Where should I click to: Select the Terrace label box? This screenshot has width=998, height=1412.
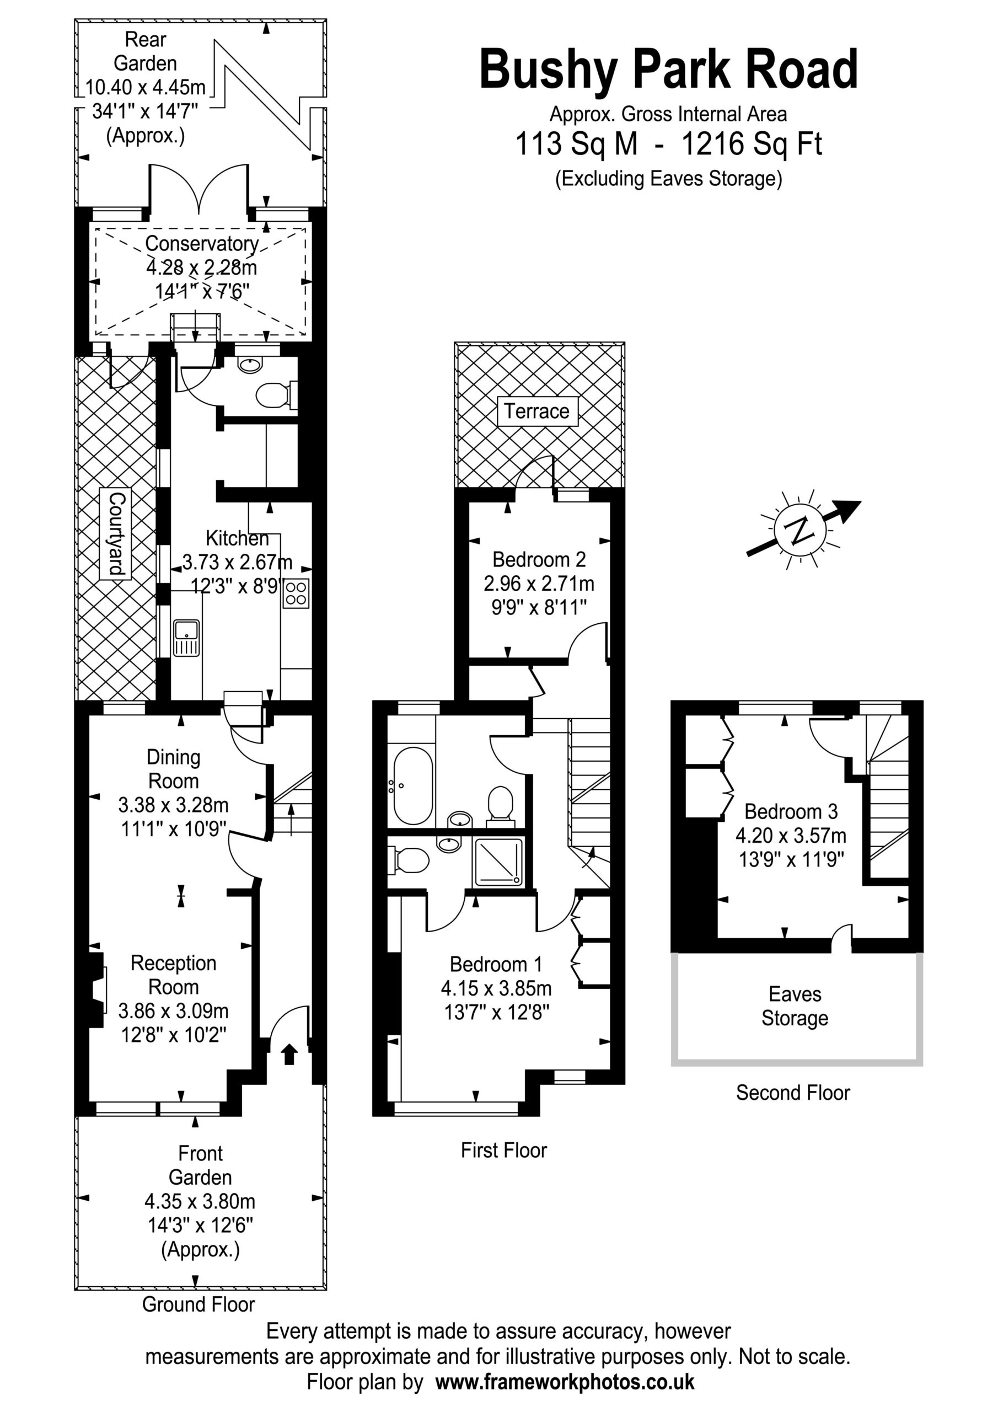pyautogui.click(x=538, y=411)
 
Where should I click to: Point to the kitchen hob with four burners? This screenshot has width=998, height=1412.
pyautogui.click(x=296, y=593)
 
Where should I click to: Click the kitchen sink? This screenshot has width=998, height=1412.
pyautogui.click(x=186, y=637)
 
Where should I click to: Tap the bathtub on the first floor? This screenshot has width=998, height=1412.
pyautogui.click(x=412, y=786)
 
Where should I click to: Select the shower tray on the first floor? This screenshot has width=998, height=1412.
pyautogui.click(x=498, y=862)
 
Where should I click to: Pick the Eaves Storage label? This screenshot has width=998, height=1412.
pyautogui.click(x=795, y=1007)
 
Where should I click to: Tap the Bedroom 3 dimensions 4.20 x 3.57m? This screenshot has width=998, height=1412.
pyautogui.click(x=791, y=835)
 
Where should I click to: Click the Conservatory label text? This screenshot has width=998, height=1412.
pyautogui.click(x=202, y=244)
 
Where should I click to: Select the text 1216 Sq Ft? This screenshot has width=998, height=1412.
pyautogui.click(x=752, y=145)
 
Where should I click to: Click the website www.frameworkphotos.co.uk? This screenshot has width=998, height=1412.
pyautogui.click(x=565, y=1381)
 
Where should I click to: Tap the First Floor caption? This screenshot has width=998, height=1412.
pyautogui.click(x=503, y=1150)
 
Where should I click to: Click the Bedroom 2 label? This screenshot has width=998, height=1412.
pyautogui.click(x=539, y=560)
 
